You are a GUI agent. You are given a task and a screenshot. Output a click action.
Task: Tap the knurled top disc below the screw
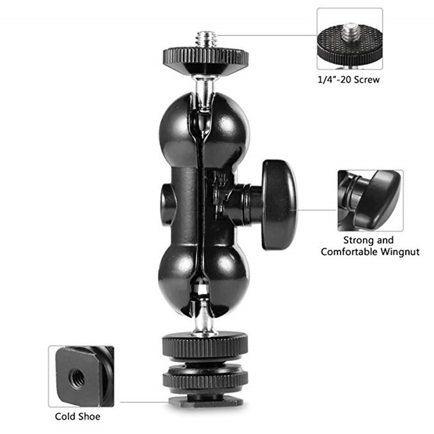point(205,57)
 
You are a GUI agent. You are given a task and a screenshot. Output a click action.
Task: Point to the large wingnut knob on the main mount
point(278,205)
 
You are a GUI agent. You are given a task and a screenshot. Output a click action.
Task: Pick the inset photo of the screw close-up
point(349,38)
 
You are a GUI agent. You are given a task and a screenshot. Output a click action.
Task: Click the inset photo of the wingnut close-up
point(370,200)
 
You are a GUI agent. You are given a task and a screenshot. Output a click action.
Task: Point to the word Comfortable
point(350,252)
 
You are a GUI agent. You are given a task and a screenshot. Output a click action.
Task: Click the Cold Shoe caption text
point(78,416)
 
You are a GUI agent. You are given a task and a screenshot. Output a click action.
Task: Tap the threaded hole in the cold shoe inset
point(76,378)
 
